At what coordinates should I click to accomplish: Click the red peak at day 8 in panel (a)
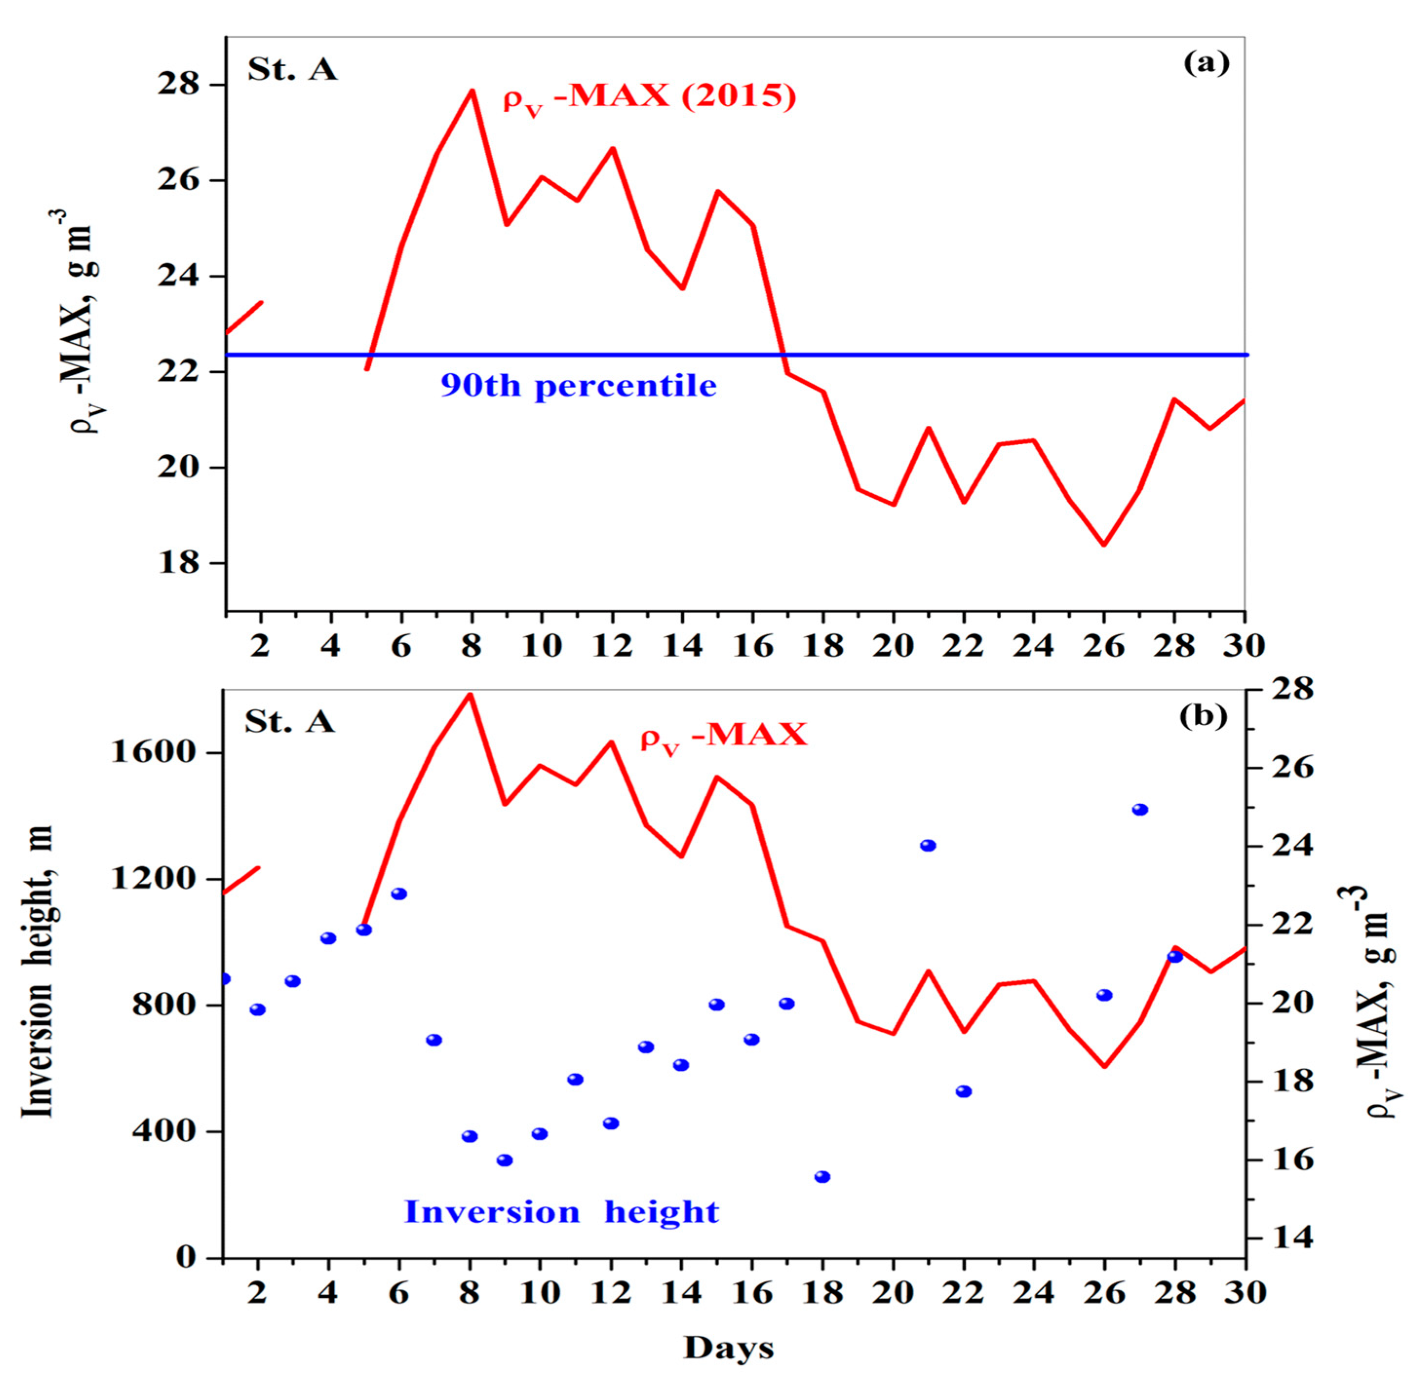coord(472,92)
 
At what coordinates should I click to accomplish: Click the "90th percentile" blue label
coord(578,385)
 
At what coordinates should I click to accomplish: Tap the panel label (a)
coord(1206,64)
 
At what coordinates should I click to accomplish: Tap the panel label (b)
coord(1204,717)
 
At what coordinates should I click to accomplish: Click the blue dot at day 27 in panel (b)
coord(1140,809)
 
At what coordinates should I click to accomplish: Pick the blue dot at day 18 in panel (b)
coord(822,1176)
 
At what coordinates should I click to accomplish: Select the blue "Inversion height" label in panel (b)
coord(561,1212)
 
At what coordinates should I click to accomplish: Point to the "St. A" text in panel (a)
coord(292,70)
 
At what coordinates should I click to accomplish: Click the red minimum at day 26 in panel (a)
coord(1104,544)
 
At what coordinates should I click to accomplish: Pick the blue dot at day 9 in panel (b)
coord(504,1160)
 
